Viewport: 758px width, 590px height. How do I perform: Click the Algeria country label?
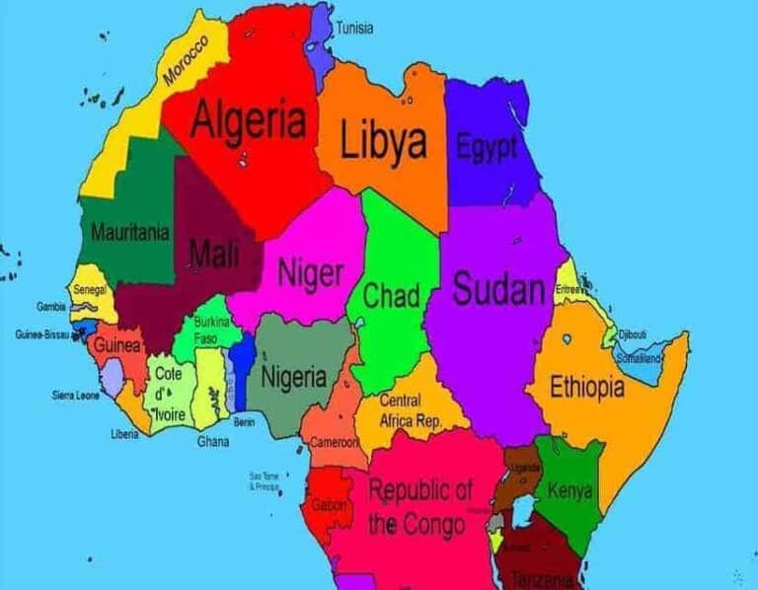[x=248, y=121]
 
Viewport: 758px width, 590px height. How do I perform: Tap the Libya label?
[x=384, y=141]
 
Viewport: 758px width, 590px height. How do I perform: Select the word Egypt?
[x=487, y=148]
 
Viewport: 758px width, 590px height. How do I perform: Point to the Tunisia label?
[x=354, y=28]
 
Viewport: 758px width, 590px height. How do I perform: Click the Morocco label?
[x=187, y=58]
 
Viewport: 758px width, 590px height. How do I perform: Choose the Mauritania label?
[x=129, y=234]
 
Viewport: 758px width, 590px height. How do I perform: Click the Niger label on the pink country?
[x=310, y=272]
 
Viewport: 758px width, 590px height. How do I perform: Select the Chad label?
[x=392, y=295]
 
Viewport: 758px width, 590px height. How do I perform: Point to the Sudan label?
[x=498, y=290]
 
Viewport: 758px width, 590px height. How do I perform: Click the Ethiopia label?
[x=586, y=387]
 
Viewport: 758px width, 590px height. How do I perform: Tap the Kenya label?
[x=569, y=489]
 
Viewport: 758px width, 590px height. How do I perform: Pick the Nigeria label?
[x=293, y=376]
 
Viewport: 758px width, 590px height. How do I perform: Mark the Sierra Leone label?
[x=76, y=395]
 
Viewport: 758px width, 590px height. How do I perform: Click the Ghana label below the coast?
[x=212, y=441]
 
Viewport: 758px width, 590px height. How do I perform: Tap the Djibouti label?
[x=632, y=335]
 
